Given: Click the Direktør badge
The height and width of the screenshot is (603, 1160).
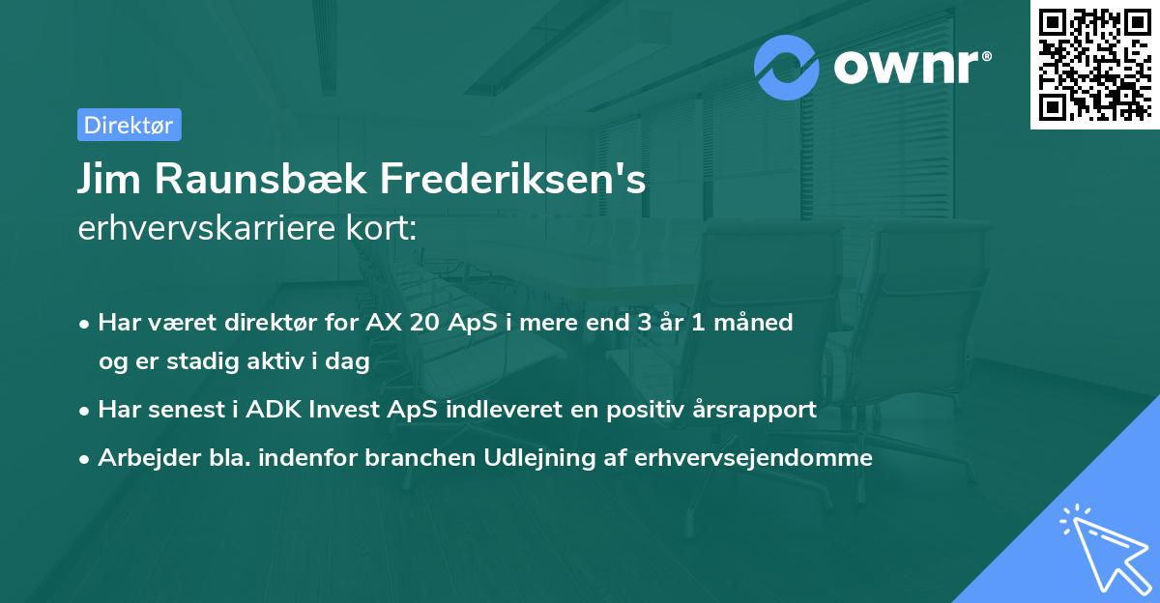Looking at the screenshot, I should (x=129, y=125).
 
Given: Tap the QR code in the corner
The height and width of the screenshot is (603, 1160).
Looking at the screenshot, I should (x=1094, y=64).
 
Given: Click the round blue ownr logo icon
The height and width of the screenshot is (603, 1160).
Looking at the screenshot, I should (x=787, y=68).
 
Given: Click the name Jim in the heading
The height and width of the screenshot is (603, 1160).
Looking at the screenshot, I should (x=107, y=180).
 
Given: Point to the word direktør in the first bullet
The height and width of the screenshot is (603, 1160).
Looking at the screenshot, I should (x=267, y=323).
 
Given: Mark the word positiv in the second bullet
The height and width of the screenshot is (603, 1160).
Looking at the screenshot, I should (x=636, y=410).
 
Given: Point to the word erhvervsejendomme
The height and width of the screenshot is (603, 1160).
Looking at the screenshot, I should (x=754, y=458).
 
